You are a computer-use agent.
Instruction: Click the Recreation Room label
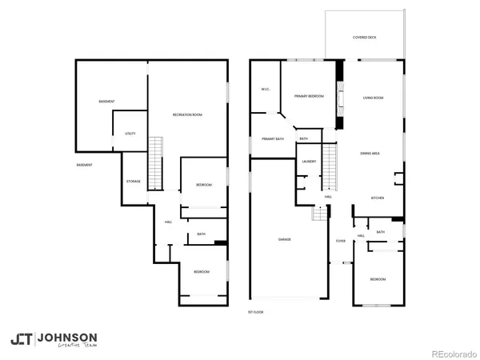click(x=187, y=115)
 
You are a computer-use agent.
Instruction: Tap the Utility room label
click(x=130, y=134)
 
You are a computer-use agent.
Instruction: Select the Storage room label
click(x=133, y=182)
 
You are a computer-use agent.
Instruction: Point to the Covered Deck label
click(x=366, y=38)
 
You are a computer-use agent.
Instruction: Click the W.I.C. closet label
click(x=265, y=89)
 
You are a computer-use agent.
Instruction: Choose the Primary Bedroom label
click(x=309, y=96)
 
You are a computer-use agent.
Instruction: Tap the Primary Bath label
click(x=273, y=139)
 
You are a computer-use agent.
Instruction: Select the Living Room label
click(x=373, y=98)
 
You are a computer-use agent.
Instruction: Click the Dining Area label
click(x=370, y=153)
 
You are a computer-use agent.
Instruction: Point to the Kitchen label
click(x=378, y=198)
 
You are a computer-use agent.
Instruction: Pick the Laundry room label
click(x=309, y=162)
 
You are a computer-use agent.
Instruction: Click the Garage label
click(x=284, y=240)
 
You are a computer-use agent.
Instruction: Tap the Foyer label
click(x=340, y=240)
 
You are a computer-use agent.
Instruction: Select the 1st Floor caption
click(x=255, y=311)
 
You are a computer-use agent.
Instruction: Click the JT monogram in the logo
click(x=22, y=339)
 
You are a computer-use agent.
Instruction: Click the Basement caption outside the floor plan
click(x=84, y=165)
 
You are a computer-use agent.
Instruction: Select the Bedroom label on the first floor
click(x=377, y=279)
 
